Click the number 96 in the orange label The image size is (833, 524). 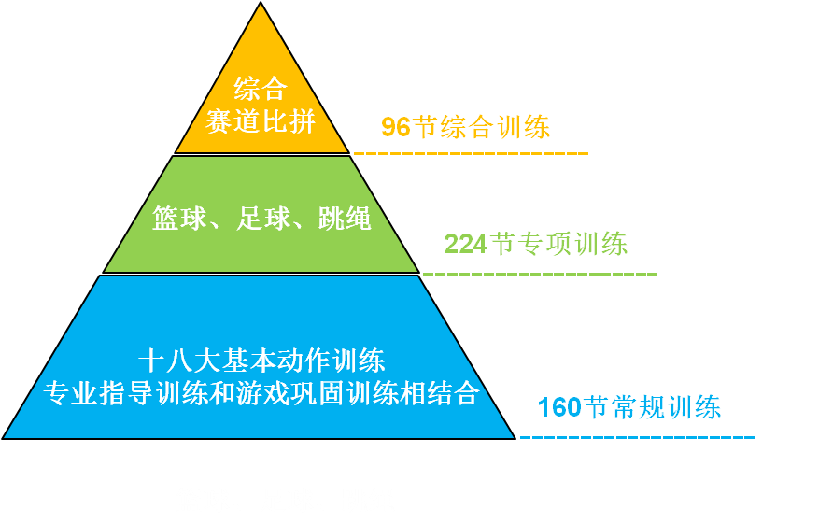coord(395,127)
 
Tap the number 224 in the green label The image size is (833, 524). coord(465,245)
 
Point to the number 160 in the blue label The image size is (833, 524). coord(558,408)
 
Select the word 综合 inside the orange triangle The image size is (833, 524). coord(260,90)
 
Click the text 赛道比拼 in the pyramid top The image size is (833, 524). coord(261,121)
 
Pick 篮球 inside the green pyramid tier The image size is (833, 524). coord(178,219)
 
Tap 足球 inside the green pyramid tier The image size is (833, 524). coord(261,219)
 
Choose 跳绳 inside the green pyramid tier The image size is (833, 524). coord(345,219)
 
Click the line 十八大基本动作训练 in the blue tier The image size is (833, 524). coord(261,361)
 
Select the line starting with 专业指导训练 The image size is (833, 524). coord(261,392)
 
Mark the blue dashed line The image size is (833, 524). coord(636,436)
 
